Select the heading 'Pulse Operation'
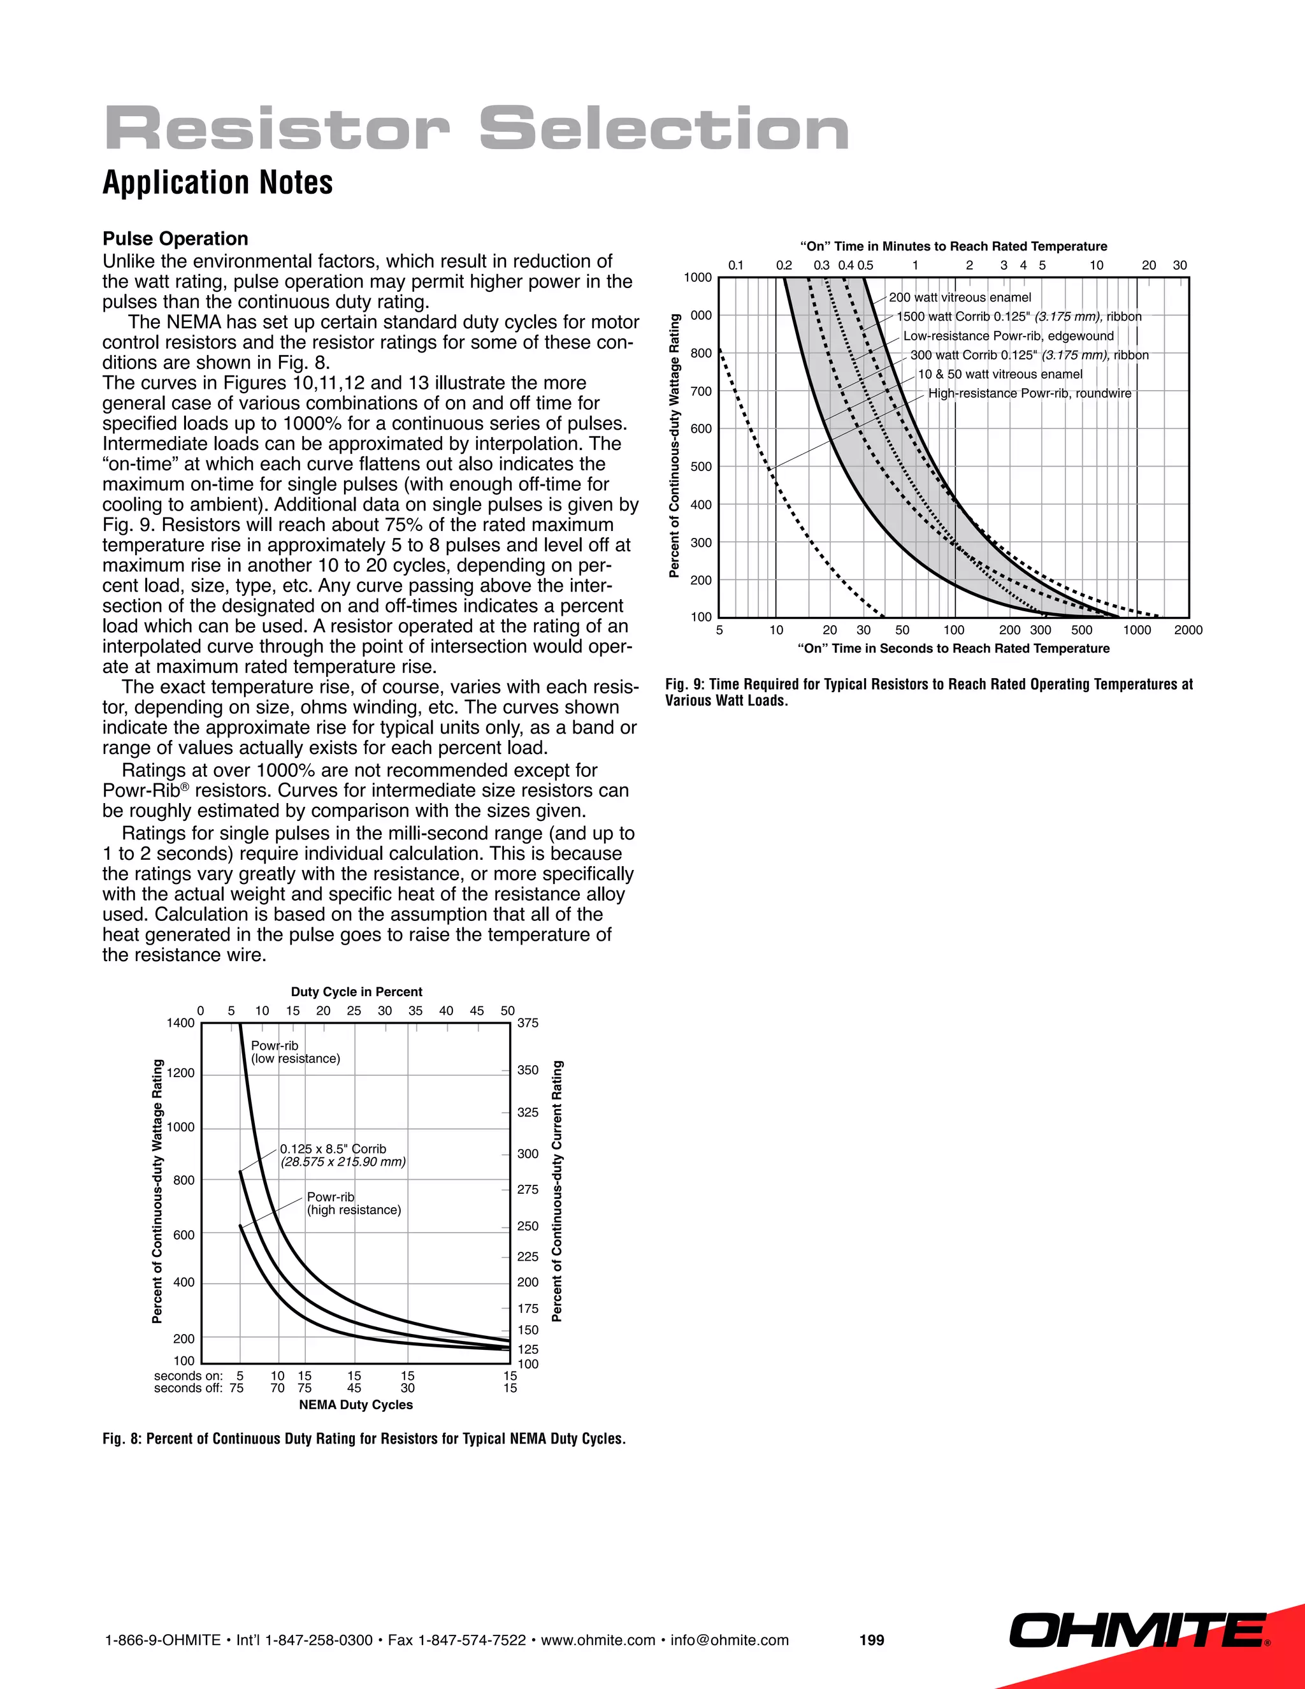click(175, 239)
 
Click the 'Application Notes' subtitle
click(217, 184)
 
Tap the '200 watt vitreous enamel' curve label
click(960, 298)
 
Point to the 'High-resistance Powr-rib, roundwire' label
click(1029, 394)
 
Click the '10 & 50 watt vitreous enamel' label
click(1000, 374)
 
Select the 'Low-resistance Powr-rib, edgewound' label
click(1008, 337)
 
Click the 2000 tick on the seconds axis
click(1188, 630)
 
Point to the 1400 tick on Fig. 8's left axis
click(181, 1023)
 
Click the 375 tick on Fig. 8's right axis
click(528, 1023)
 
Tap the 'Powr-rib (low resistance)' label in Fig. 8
click(294, 1052)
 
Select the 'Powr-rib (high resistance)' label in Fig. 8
click(353, 1203)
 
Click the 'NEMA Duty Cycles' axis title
click(356, 1404)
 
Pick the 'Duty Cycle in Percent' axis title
click(356, 992)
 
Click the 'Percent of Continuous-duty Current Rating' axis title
click(558, 1191)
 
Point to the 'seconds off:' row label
click(188, 1388)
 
